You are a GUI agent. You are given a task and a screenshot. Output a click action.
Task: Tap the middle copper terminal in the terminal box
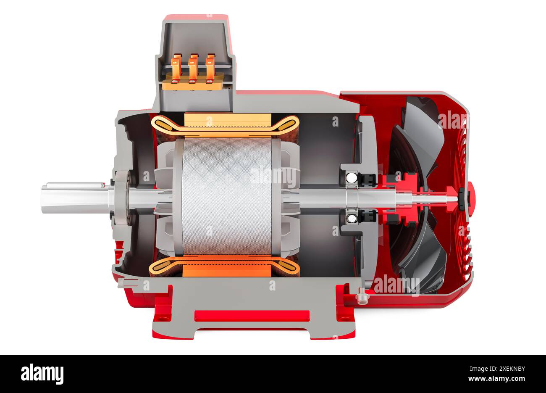tap(193, 67)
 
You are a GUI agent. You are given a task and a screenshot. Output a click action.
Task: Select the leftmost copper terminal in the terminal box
tap(177, 67)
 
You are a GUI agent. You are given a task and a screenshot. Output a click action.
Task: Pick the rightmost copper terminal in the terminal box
tap(210, 67)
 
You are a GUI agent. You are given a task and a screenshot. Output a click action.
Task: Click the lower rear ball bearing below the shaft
tap(352, 217)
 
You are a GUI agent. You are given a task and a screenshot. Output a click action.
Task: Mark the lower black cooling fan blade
tap(422, 256)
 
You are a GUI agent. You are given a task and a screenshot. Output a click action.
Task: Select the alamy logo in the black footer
tap(42, 374)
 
